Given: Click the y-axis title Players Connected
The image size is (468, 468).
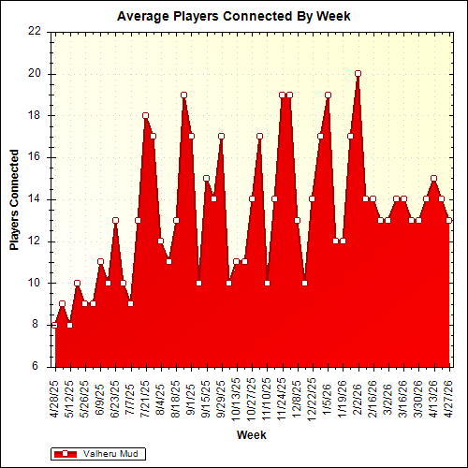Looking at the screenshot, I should [14, 198].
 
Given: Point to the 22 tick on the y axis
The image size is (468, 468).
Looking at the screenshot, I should [35, 31].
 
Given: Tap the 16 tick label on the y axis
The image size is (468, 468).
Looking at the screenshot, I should [35, 157].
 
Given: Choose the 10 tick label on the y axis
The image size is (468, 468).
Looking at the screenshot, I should [35, 283].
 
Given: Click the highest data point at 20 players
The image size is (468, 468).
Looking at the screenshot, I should [358, 73].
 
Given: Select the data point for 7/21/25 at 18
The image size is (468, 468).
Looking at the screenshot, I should [145, 115].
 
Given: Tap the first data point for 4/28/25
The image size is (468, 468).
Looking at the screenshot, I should [54, 325].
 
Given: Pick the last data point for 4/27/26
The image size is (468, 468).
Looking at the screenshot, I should [449, 220].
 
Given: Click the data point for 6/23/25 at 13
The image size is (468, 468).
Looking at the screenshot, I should [115, 220].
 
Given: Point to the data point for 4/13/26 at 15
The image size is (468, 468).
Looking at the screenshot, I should [433, 178].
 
